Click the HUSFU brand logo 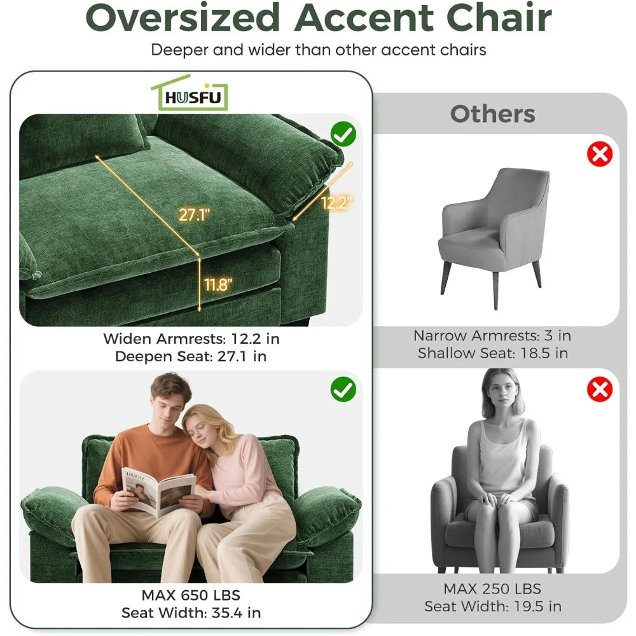pos(190,93)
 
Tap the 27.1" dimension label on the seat pos(194,214)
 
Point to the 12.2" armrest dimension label pos(336,202)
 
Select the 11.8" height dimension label pos(218,284)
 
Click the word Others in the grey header pos(492,114)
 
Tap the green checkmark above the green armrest pos(343,134)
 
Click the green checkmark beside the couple pos(343,389)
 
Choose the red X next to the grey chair pos(600,154)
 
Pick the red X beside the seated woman pos(600,389)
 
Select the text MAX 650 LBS pos(191,595)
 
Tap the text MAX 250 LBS pos(492,588)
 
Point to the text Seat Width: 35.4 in pos(191,612)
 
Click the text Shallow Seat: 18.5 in pos(492,353)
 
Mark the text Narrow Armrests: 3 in pos(492,335)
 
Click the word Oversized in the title pos(183,18)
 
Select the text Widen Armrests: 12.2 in pos(191,339)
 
